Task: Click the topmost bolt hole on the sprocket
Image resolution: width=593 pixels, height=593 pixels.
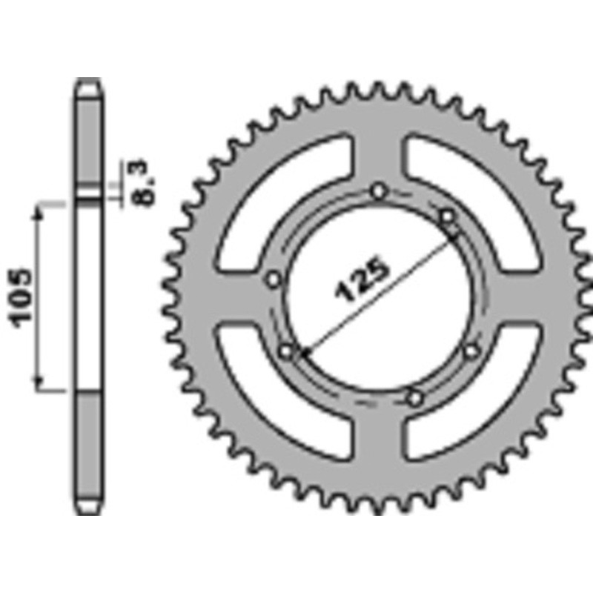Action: point(380,191)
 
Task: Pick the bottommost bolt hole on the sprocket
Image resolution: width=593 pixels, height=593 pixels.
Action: point(415,398)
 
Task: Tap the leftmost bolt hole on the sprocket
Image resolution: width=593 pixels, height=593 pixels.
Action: point(274,279)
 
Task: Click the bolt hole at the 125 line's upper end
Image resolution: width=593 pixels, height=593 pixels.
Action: point(447,216)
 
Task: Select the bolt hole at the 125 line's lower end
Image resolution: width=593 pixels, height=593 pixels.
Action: point(287,351)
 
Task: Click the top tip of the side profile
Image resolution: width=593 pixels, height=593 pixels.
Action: point(89,80)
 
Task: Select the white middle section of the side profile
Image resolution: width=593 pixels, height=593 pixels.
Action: point(89,296)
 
